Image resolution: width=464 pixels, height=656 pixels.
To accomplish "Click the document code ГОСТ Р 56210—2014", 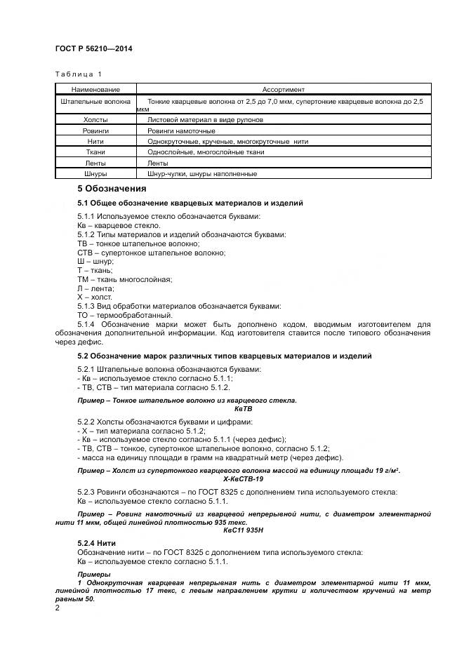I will (93, 49).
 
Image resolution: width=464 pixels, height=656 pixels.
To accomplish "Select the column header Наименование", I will (95, 89).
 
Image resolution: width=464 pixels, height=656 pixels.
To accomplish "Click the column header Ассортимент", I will (283, 89).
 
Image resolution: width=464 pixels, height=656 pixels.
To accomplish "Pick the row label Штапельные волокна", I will (95, 102).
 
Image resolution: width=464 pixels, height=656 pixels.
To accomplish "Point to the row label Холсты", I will (95, 120).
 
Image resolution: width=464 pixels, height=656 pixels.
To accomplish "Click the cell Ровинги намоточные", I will (181, 130).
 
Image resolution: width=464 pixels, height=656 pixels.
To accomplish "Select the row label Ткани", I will (95, 152).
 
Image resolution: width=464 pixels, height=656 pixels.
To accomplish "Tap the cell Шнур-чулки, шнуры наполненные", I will (202, 173).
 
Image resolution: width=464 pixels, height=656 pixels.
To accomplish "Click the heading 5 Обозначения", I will (112, 189).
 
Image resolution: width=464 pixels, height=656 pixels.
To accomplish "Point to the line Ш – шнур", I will (95, 261).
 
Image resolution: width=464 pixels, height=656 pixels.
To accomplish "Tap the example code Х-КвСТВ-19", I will (243, 478).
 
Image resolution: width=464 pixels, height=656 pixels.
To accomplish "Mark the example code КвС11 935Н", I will (243, 530).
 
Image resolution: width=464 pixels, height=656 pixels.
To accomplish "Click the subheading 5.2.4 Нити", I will (96, 544).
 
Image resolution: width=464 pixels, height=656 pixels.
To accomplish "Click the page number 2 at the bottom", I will (58, 608).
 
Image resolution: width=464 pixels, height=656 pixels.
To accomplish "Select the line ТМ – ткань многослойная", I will (124, 279).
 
